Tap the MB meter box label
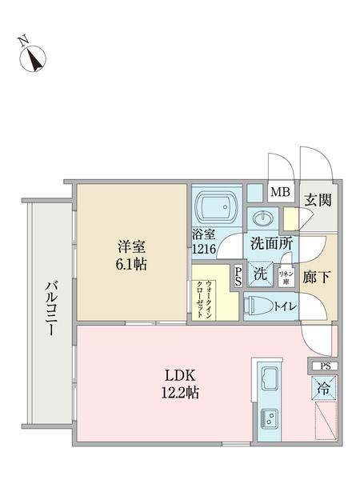[x=280, y=192]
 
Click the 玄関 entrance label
[x=318, y=199]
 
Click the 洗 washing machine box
[x=259, y=273]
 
